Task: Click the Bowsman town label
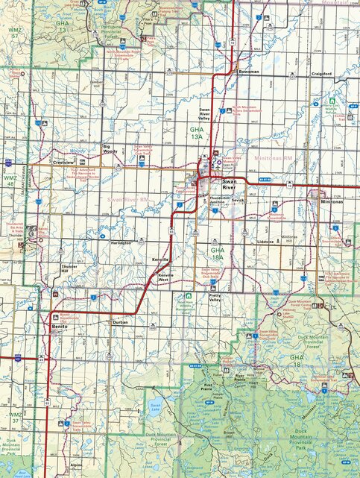[x=248, y=72]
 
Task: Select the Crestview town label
[x=64, y=162]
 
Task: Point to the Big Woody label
[x=110, y=148]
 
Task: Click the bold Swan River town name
[x=228, y=183]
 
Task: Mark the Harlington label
[x=121, y=243]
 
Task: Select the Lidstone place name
[x=265, y=242]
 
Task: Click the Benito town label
[x=59, y=326]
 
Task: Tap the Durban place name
[x=121, y=321]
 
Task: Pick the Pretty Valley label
[x=216, y=298]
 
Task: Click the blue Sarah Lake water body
[x=155, y=406]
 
